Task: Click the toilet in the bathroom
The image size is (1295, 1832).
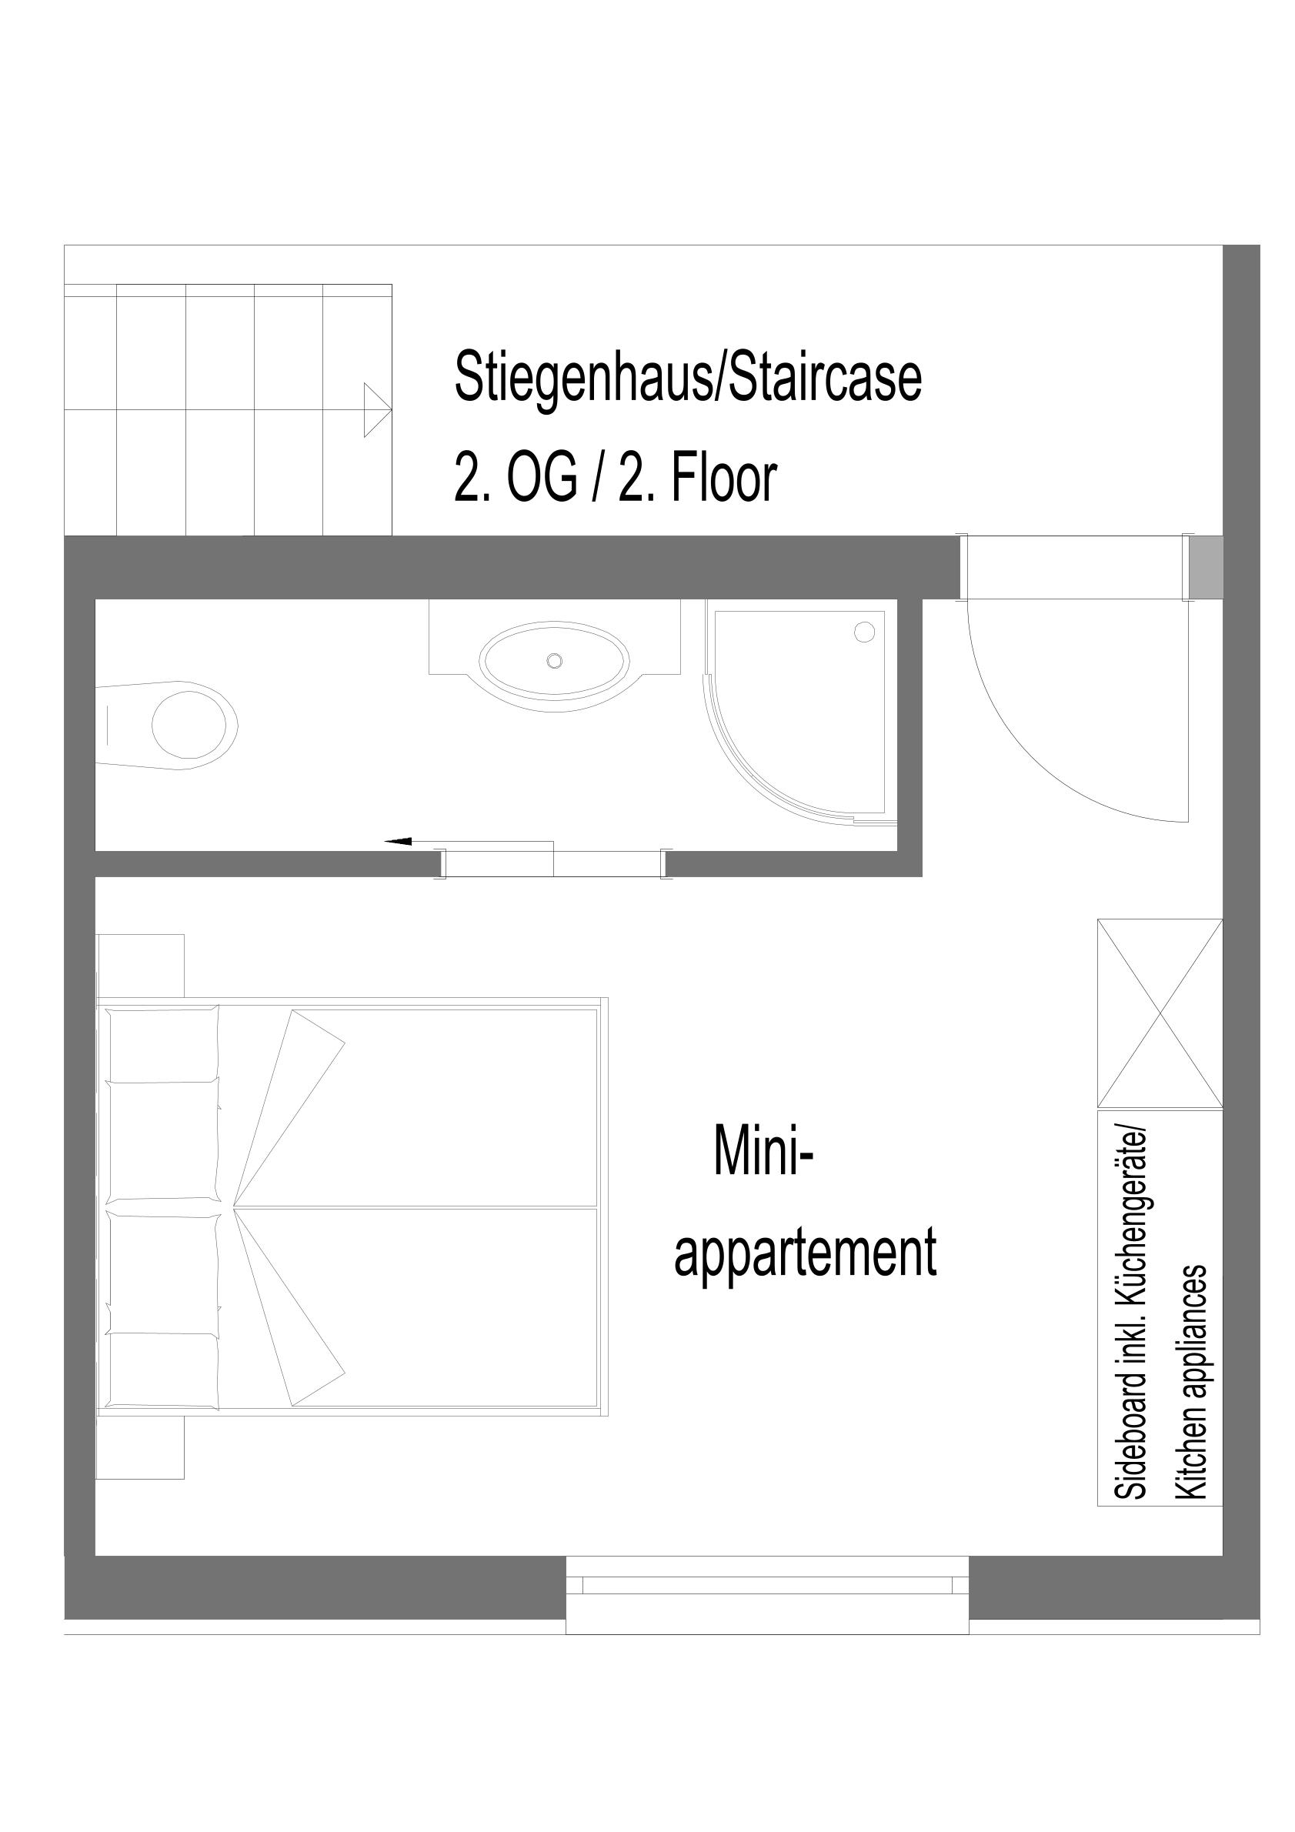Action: point(168,726)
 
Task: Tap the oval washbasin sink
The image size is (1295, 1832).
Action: point(554,661)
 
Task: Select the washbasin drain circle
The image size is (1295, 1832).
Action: point(554,661)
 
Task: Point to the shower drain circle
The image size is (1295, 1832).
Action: point(864,632)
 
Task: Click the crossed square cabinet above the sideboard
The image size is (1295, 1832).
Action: point(1160,1013)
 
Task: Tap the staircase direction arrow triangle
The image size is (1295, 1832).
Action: point(377,410)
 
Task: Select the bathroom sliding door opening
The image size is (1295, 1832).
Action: point(554,864)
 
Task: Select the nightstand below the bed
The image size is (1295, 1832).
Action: point(141,1447)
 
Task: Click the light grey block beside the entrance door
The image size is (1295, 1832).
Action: point(1205,567)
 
